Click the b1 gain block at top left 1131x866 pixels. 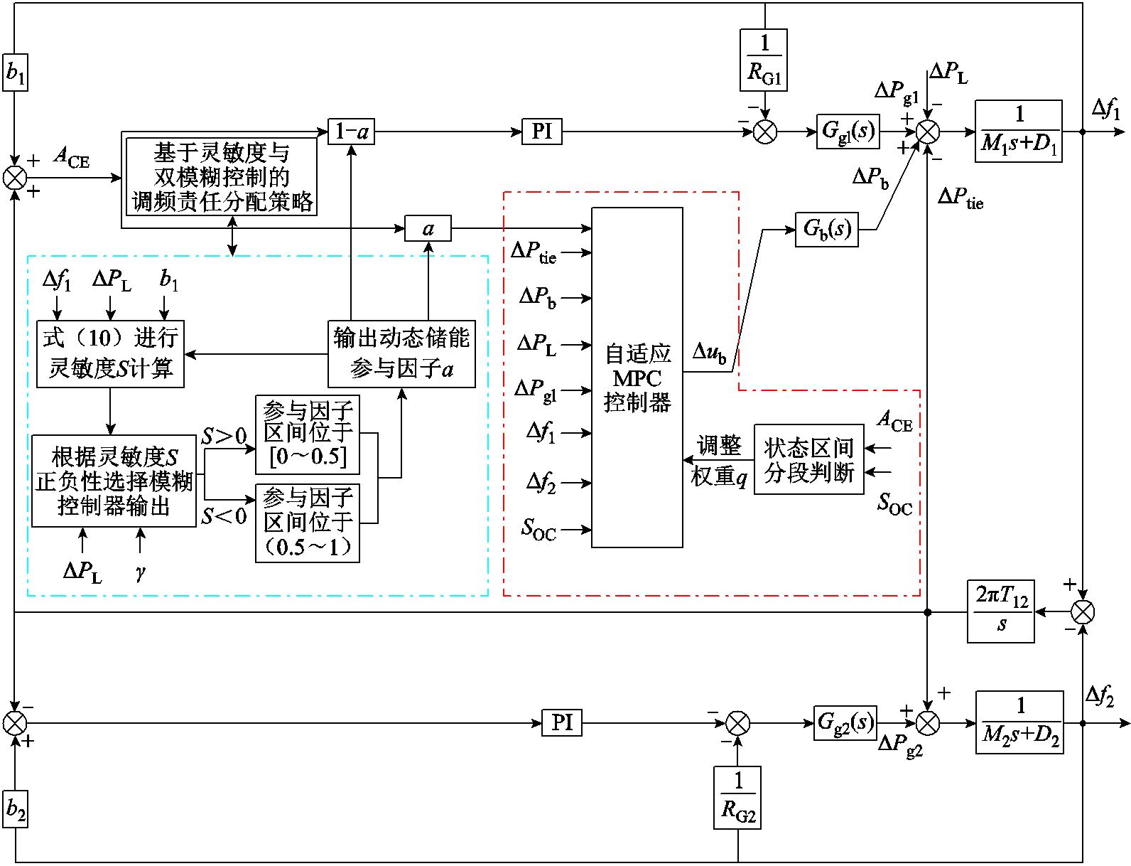[x=15, y=72]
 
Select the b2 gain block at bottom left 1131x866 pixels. [x=15, y=808]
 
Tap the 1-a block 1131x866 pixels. [x=351, y=132]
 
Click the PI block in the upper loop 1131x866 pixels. [x=541, y=132]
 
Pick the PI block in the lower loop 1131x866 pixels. [x=561, y=722]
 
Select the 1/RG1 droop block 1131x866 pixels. [x=764, y=60]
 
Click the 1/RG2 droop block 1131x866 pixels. [x=737, y=797]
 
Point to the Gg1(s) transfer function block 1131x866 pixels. [x=848, y=132]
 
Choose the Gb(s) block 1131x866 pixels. [x=826, y=229]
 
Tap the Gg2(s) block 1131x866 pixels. [x=845, y=722]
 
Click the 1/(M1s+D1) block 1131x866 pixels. [x=1018, y=132]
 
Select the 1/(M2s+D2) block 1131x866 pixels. [x=1019, y=722]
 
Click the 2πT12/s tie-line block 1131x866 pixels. [x=1000, y=611]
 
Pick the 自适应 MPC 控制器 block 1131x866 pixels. [x=637, y=378]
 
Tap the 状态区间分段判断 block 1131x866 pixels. [x=808, y=459]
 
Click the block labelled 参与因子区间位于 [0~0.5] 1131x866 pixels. [x=308, y=434]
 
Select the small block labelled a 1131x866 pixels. [x=428, y=229]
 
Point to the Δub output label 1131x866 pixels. [x=709, y=353]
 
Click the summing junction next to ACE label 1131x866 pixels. [x=15, y=178]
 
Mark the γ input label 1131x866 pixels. [x=140, y=572]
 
